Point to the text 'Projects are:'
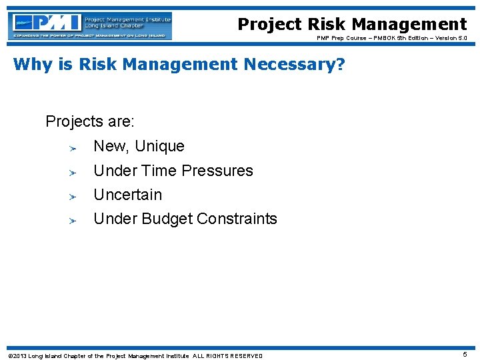point(90,122)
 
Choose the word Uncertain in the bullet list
point(127,195)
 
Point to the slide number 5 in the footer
point(465,355)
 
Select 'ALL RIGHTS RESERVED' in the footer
point(227,355)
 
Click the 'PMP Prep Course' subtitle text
point(344,38)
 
